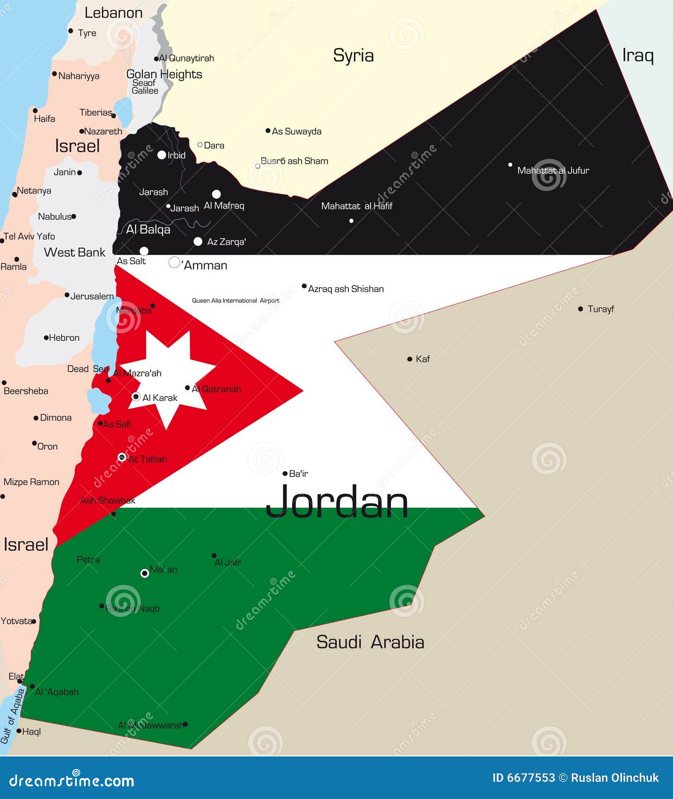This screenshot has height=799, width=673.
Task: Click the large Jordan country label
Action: pos(337,502)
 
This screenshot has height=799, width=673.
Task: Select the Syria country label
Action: pos(353,55)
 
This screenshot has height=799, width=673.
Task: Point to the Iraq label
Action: pos(638,55)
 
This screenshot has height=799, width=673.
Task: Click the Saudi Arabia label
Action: pos(370,642)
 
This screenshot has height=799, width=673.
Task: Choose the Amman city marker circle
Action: pos(174,262)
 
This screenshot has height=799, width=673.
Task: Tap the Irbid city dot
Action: pos(162,155)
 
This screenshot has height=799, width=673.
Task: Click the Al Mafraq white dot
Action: pos(216,194)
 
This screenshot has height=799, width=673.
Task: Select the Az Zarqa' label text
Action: pos(226,242)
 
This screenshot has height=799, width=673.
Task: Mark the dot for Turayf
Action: pos(580,309)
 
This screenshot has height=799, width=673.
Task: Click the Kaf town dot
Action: pos(410,359)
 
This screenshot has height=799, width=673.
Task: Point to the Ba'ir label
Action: pos(298,474)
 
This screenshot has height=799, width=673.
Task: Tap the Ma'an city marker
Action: pos(145,573)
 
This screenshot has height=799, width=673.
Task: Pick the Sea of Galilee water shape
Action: pos(124,112)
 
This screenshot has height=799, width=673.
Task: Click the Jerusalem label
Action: pos(92,296)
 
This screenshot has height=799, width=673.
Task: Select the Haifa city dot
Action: pos(35,111)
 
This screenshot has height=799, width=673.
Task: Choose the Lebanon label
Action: pos(113,13)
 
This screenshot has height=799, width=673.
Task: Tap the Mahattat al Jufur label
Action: pos(553,171)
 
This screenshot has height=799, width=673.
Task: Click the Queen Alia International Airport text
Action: pos(235,301)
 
